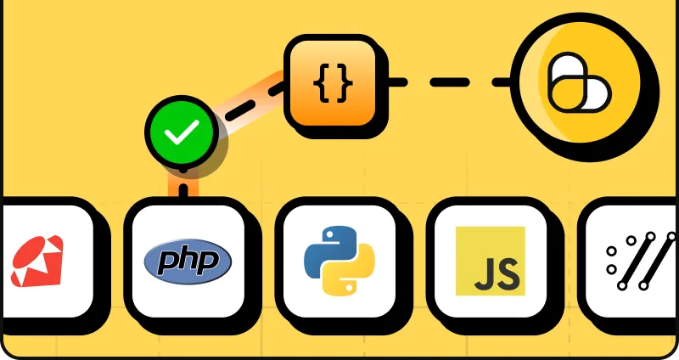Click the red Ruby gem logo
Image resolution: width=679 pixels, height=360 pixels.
click(36, 262)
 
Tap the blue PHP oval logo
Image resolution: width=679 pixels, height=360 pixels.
click(188, 262)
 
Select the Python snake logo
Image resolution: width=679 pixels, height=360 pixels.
click(339, 261)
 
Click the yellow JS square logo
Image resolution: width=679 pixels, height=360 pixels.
click(491, 261)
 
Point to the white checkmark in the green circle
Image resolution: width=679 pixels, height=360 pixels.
click(182, 132)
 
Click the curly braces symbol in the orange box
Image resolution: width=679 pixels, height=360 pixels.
click(333, 83)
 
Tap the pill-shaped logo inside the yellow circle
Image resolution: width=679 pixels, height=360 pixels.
click(580, 82)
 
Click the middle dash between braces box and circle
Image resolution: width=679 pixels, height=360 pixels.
click(450, 82)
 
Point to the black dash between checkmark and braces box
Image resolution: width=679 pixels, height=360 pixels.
click(241, 110)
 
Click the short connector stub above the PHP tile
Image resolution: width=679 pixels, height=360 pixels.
click(183, 189)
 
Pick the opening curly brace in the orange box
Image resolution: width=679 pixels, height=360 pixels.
click(322, 83)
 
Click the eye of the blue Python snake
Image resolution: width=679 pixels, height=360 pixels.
click(330, 234)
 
